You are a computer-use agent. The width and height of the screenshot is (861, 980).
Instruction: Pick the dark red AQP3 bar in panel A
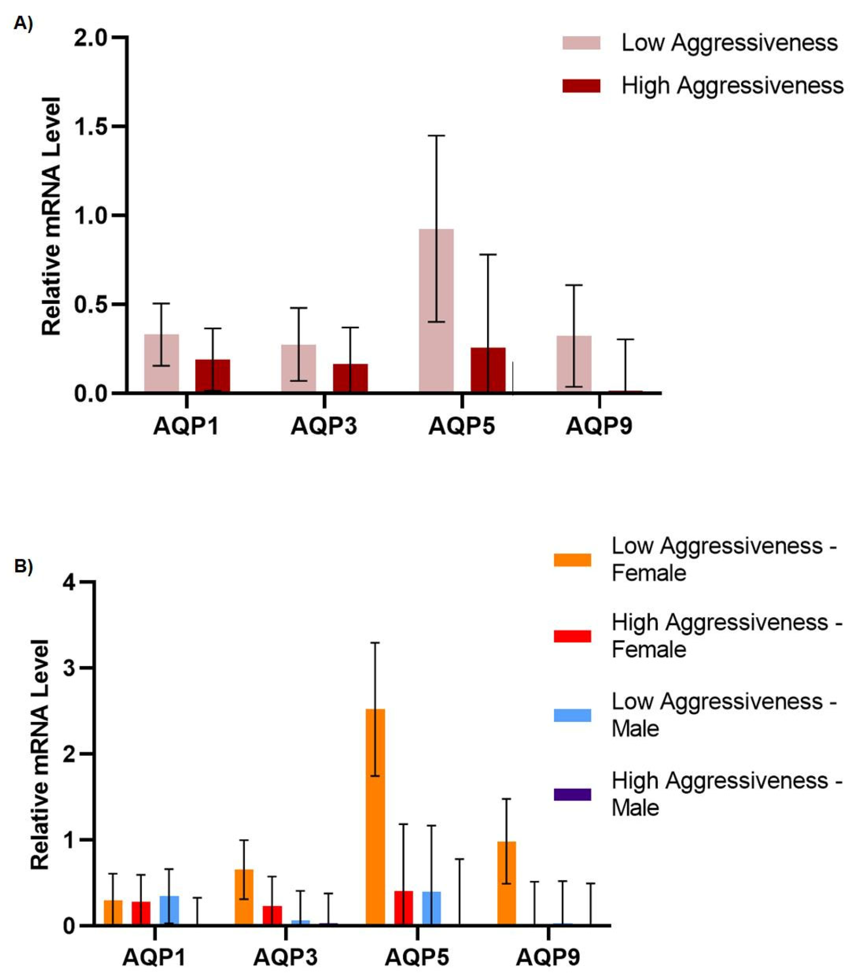tap(350, 378)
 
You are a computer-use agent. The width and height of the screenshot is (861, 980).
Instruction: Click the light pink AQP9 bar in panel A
tap(573, 364)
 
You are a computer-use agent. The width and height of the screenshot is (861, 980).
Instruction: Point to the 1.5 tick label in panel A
tap(91, 127)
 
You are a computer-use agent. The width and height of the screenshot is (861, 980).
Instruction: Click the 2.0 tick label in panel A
tap(91, 38)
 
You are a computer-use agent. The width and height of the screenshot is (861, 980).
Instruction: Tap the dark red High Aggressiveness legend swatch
tap(581, 86)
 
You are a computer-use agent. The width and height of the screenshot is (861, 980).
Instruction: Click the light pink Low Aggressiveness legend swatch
tap(581, 43)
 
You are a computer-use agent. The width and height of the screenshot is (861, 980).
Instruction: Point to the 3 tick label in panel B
tap(70, 668)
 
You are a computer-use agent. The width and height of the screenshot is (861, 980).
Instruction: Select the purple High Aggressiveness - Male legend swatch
tap(572, 795)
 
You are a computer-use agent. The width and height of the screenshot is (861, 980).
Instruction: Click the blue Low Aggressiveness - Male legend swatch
tap(572, 715)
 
